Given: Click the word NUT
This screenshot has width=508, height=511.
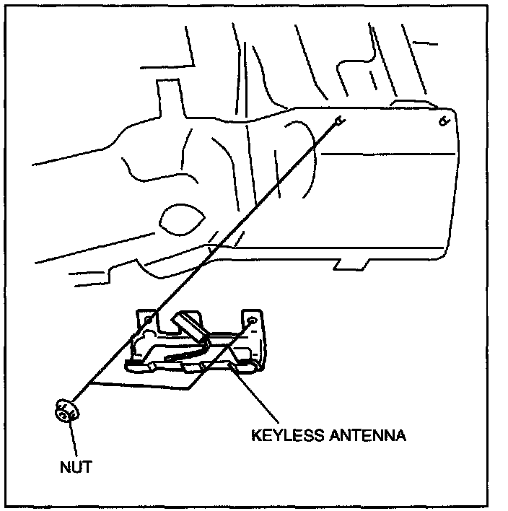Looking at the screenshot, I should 75,467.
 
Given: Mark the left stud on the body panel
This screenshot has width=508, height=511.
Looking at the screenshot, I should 338,122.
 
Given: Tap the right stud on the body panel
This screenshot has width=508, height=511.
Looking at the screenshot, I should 444,121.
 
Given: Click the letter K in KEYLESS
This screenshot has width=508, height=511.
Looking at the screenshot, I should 255,436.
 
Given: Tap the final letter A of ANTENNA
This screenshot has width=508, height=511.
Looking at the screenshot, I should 402,436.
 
